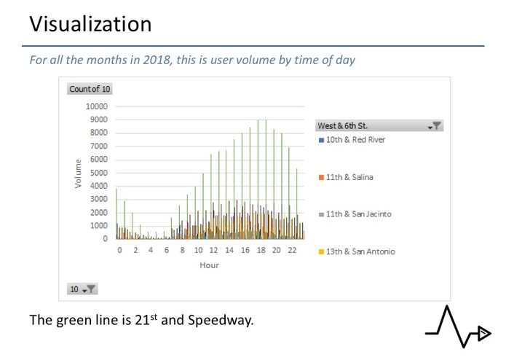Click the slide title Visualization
(x=90, y=24)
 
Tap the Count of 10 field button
(x=90, y=89)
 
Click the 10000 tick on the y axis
(x=97, y=106)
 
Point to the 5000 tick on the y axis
(x=99, y=173)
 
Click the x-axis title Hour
(x=209, y=265)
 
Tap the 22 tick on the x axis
(x=292, y=250)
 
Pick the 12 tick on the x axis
(x=213, y=250)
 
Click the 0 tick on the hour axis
(x=119, y=250)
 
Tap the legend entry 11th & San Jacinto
(x=357, y=214)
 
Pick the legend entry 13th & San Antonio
(x=360, y=251)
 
